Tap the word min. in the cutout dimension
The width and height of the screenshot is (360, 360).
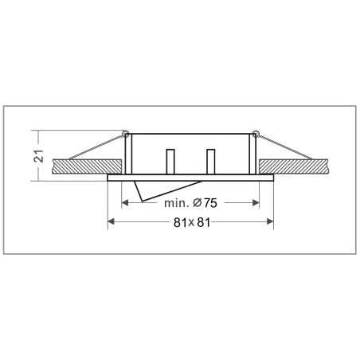[179, 203]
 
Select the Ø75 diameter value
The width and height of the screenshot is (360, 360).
[209, 203]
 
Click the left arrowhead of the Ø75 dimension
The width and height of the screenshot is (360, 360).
[122, 203]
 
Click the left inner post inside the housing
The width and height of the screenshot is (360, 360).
[170, 162]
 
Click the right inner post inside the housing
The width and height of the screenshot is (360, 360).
[211, 162]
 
